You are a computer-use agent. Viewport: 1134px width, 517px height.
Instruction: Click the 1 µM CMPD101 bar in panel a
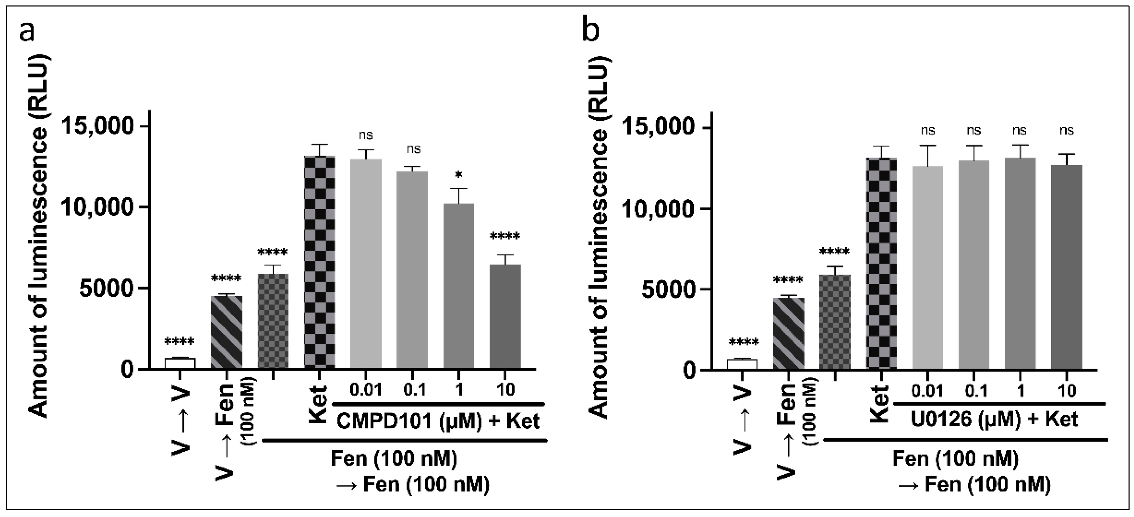(459, 286)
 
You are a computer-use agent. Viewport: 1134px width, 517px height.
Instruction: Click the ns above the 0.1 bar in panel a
(413, 149)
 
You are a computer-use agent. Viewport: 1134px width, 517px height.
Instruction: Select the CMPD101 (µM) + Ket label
(438, 421)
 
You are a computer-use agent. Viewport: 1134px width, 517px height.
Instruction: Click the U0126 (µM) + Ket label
(994, 419)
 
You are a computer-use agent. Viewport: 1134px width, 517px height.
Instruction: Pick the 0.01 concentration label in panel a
(366, 390)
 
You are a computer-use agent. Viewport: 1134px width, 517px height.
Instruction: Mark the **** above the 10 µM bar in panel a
(505, 237)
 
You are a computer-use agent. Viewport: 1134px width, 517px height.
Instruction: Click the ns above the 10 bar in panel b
(1066, 131)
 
